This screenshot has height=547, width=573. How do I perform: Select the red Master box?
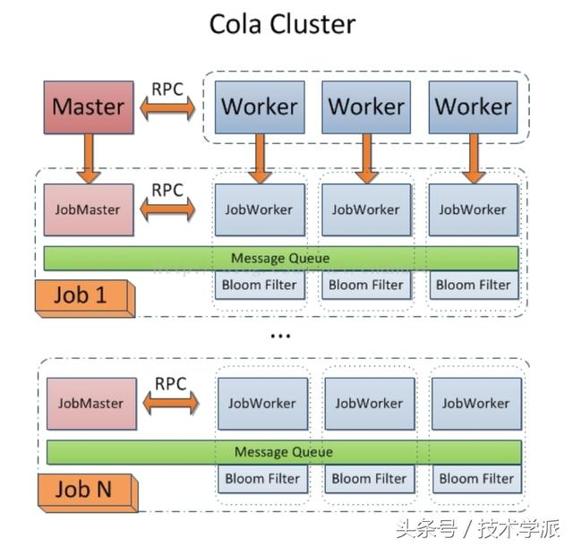pos(89,107)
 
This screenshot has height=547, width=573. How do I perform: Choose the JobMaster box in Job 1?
pos(89,209)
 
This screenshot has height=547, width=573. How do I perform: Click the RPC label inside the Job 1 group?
pos(167,190)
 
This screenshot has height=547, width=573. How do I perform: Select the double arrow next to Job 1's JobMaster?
pos(167,211)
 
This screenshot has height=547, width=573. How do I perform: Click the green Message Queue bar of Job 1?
pos(280,258)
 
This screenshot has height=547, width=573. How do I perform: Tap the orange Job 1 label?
pos(83,295)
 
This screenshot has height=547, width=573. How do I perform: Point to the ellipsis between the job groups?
pos(280,336)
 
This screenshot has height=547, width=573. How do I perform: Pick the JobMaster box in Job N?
pos(90,403)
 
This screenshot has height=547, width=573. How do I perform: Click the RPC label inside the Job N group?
pos(170,384)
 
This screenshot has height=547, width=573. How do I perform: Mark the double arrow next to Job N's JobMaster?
pos(170,405)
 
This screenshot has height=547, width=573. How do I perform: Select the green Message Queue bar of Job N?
pos(283,452)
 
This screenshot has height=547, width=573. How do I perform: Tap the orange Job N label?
pos(84,490)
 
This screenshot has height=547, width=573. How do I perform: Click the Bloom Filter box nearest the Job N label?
pos(262,479)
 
